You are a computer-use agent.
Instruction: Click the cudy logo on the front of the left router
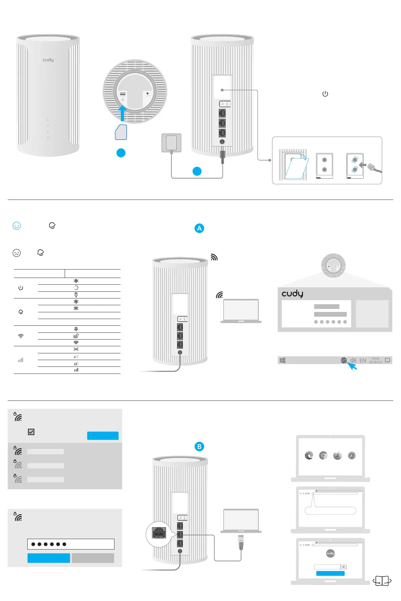48,60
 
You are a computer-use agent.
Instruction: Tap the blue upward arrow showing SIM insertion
122,113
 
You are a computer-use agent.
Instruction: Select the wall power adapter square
171,143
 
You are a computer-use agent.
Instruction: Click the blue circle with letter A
199,228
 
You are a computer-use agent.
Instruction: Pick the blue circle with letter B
199,447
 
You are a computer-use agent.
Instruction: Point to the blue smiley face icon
16,226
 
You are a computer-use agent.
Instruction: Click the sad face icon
16,253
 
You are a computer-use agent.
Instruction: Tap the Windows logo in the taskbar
282,360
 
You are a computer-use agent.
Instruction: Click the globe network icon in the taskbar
344,360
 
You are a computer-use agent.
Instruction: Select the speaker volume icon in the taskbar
353,360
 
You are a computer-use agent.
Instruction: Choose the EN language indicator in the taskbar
363,360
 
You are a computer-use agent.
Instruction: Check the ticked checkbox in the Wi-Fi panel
31,432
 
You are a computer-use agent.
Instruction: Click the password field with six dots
71,544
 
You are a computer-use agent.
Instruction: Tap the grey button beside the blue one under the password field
93,558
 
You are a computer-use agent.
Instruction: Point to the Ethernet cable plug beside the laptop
241,542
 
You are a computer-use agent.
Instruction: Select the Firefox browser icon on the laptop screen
337,456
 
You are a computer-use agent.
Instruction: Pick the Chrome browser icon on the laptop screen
323,456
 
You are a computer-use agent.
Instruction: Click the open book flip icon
382,581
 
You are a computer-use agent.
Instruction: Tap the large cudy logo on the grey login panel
292,294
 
